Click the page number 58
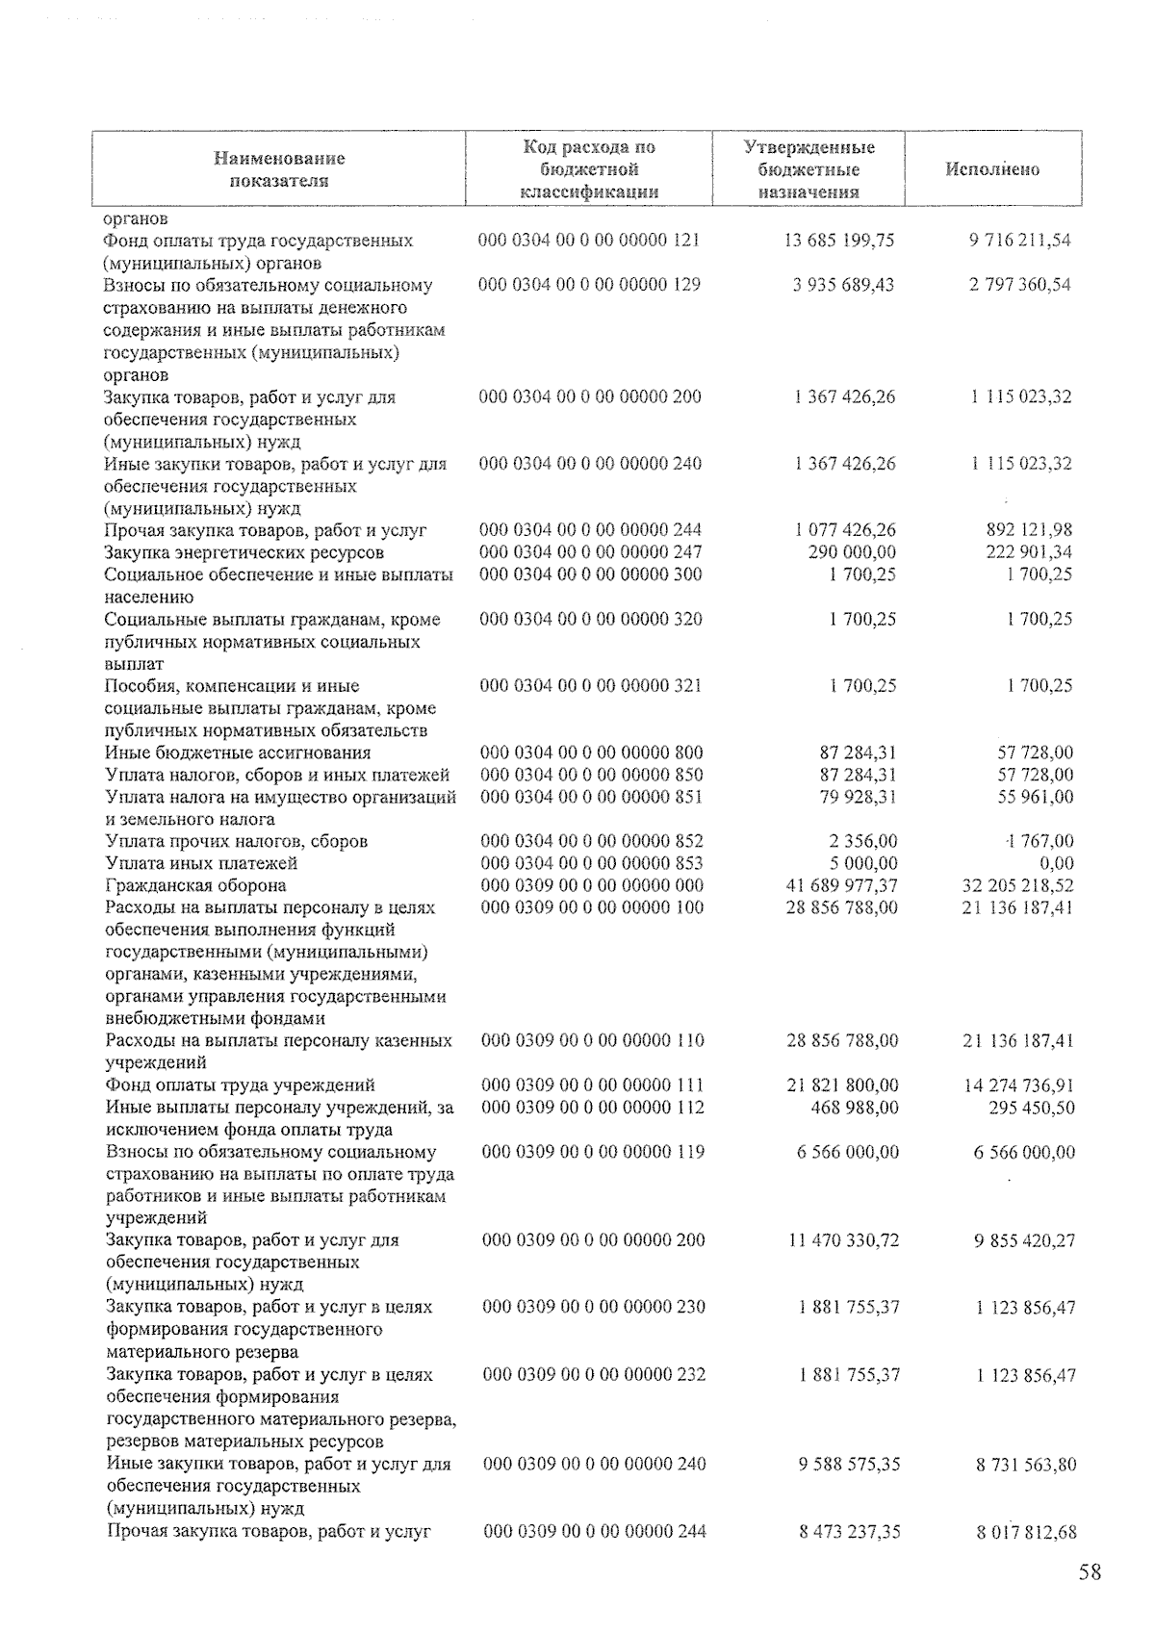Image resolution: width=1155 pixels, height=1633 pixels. (x=1090, y=1572)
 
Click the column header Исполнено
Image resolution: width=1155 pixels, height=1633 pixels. (x=992, y=169)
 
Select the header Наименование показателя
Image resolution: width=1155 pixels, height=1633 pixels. (x=279, y=169)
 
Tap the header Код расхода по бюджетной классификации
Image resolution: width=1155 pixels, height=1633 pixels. (x=589, y=169)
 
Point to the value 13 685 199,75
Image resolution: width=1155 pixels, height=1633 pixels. (x=839, y=241)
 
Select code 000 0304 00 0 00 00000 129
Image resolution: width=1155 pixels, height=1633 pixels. (x=590, y=285)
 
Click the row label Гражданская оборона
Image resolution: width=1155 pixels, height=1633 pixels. (x=195, y=885)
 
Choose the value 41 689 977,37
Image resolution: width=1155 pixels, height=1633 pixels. (x=841, y=885)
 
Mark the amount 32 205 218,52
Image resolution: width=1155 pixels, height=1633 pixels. (x=1018, y=885)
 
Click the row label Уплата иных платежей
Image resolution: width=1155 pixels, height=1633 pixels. (x=201, y=863)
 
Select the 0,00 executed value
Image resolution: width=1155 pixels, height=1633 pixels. (x=1056, y=863)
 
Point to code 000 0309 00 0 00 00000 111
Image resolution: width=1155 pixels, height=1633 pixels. (x=593, y=1085)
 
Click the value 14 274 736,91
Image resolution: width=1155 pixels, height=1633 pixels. (x=1019, y=1085)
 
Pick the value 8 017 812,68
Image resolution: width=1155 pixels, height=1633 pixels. (x=1026, y=1532)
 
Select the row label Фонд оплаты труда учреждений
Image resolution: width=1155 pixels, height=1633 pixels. (x=241, y=1085)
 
